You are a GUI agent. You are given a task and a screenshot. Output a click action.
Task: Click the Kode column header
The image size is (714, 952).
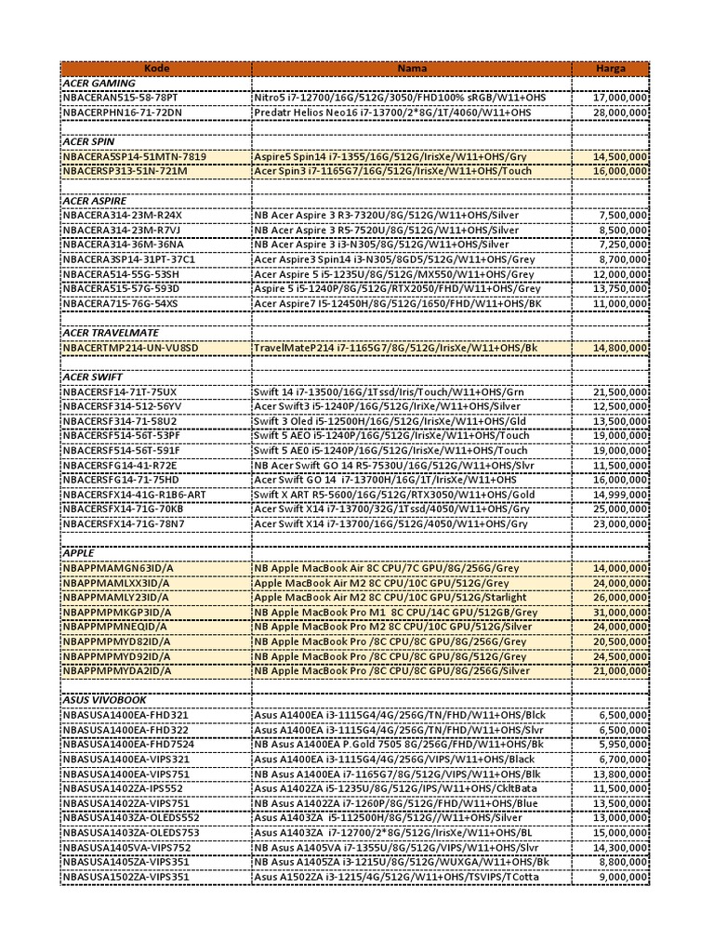point(156,68)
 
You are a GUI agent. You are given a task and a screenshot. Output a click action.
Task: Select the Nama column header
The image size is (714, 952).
point(412,68)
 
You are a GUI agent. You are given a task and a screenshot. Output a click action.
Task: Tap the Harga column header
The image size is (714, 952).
point(611,68)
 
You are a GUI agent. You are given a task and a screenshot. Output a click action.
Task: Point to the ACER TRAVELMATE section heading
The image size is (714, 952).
point(110,333)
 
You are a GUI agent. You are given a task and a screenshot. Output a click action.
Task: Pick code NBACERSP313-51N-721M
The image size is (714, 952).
point(125,171)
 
